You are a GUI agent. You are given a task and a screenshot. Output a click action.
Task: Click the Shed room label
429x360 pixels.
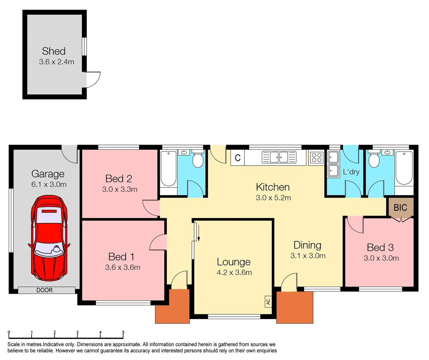coord(54,51)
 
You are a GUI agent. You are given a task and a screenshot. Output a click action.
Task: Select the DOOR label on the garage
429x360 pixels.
coord(45,290)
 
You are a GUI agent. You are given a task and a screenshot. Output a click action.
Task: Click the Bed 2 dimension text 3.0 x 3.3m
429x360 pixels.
coord(120,189)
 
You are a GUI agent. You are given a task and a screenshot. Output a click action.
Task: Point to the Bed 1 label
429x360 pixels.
coord(121,257)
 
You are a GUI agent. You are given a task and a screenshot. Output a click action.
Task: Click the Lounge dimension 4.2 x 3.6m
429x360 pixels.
coord(234,272)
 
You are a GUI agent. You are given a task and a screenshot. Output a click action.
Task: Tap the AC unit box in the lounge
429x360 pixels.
coord(268,301)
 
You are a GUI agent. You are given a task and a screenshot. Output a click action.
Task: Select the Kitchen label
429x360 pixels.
coord(273,187)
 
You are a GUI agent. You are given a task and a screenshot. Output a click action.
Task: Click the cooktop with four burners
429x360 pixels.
coord(316,157)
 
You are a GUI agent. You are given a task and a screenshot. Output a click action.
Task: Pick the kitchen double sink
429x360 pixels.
coord(279,157)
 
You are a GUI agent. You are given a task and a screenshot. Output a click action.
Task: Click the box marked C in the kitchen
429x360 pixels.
coord(238,158)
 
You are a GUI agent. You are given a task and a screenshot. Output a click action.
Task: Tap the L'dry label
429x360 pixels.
coord(351,172)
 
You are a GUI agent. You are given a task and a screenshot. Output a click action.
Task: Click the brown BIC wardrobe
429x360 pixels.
coord(401,208)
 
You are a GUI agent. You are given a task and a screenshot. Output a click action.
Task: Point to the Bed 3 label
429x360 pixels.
coord(380,247)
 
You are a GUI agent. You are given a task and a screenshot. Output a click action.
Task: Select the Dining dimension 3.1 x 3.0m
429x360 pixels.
coord(308,256)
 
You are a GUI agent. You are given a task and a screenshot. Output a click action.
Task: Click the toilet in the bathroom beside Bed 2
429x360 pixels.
coord(198,160)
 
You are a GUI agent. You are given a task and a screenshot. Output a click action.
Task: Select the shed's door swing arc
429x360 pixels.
coord(93,80)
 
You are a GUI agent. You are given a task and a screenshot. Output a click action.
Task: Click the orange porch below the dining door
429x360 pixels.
coord(295,307)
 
